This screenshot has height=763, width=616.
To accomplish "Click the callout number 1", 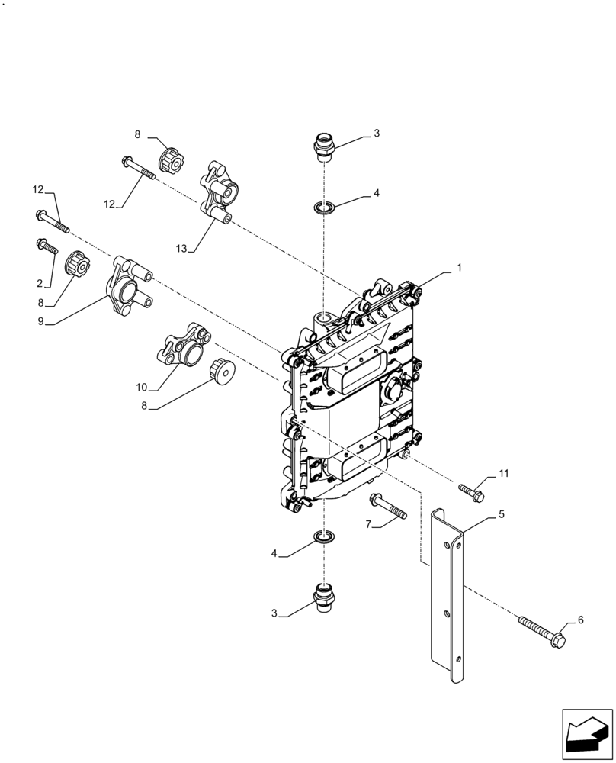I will pos(459,269).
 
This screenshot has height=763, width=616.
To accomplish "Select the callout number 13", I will pos(181,249).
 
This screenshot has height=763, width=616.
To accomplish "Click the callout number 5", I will pos(501,515).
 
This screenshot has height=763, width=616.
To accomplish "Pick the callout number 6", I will pos(580,620).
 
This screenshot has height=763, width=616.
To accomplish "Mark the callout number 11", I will pos(503,474).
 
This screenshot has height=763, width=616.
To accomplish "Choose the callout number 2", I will pos(38,283).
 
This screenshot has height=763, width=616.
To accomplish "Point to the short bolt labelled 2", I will pos(46,246).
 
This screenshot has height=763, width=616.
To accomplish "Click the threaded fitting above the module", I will pos(324,146).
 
